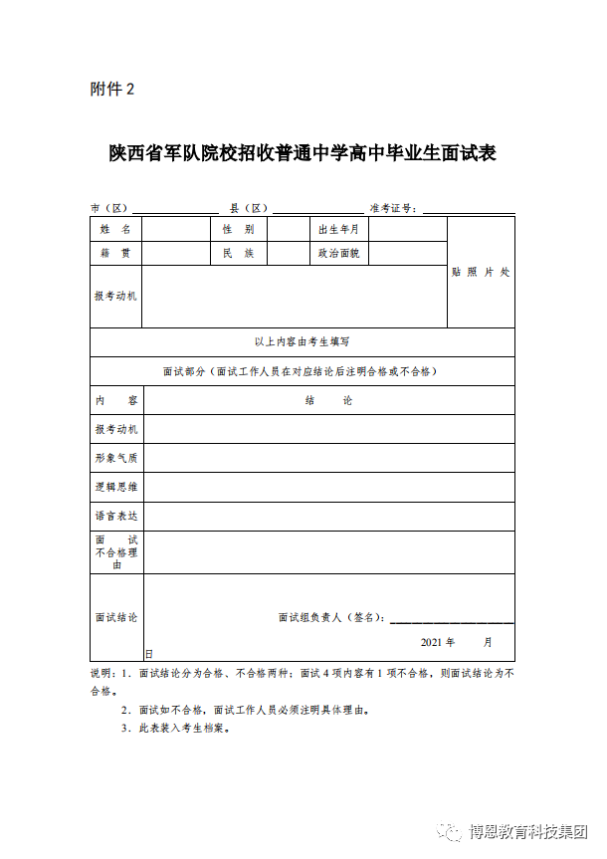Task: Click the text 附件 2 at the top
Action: tap(111, 90)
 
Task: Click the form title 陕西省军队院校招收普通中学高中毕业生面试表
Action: tap(303, 154)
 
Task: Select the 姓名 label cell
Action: tap(115, 229)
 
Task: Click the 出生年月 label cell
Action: tap(338, 229)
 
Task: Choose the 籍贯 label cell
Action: tap(115, 254)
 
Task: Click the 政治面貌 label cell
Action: tap(338, 254)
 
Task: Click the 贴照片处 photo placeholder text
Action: tap(481, 272)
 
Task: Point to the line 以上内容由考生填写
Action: tap(303, 341)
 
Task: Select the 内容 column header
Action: tap(115, 400)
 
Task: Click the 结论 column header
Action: tap(328, 400)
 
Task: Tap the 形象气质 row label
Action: tap(116, 458)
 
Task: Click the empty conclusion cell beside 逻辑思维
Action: tap(328, 487)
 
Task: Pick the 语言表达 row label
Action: tap(116, 516)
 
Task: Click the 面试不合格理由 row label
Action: tap(116, 551)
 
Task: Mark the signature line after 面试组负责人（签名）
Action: tap(452, 620)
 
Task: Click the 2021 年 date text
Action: tap(438, 642)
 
